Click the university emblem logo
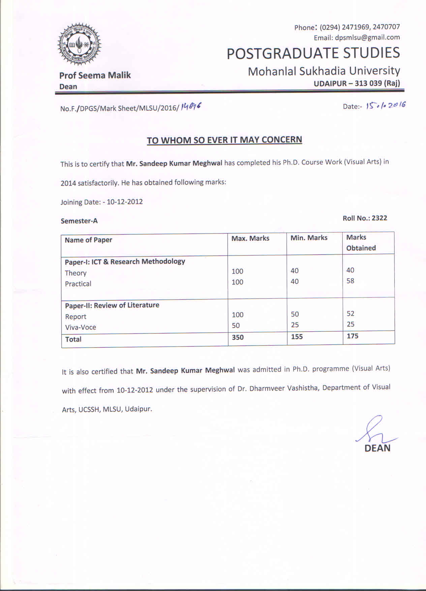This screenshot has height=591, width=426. pos(79,44)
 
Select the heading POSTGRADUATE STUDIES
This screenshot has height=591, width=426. pos(313,53)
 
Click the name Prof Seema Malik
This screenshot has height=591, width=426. pos(95,75)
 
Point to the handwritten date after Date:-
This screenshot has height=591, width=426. pos(386,106)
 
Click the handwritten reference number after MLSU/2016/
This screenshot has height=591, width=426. pos(191,107)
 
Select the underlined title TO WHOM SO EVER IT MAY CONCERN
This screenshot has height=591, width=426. pos(224,140)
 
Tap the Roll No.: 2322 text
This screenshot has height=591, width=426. pos(365,218)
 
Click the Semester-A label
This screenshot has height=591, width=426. pos(79,221)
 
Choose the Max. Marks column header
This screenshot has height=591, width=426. pos(250,238)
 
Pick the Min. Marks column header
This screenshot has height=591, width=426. pos(309,238)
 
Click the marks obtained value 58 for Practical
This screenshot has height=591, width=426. pos(350,281)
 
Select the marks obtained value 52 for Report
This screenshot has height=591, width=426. pos(350,313)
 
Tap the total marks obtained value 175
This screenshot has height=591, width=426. pos(352,336)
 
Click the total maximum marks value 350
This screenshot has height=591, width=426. pos(238,337)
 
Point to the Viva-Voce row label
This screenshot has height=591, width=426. pos(81,327)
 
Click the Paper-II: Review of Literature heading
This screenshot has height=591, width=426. pos(112,305)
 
